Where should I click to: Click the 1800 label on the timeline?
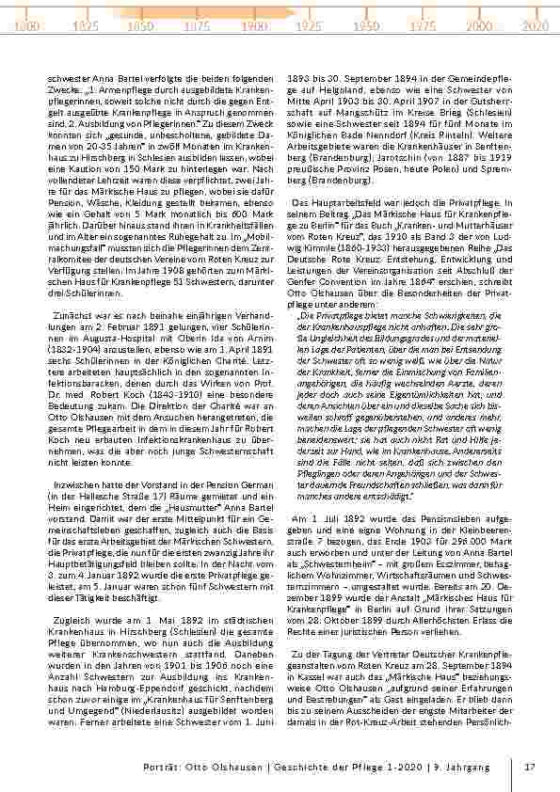coord(26,27)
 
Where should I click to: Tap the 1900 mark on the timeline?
coord(252,27)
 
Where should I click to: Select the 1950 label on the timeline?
coord(366,27)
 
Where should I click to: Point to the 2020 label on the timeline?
coord(535,27)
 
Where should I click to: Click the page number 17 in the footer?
coord(529,767)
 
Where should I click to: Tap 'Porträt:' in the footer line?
coord(161,767)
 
